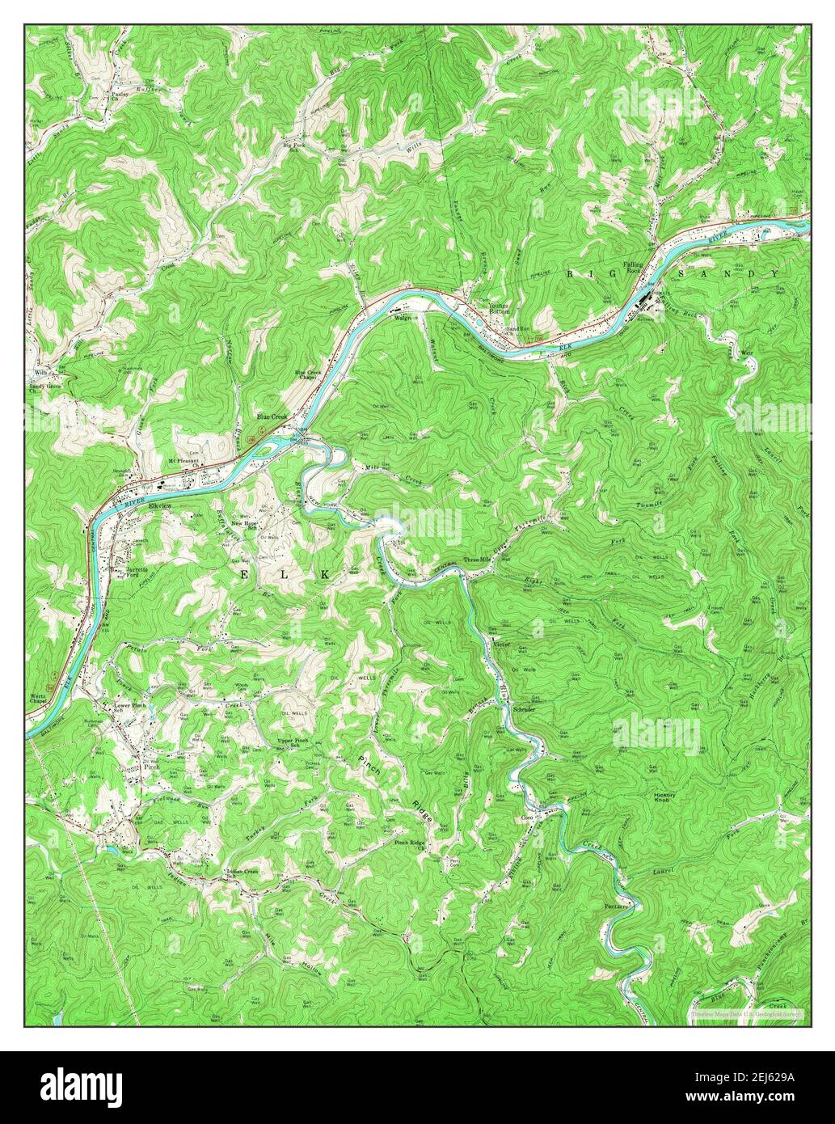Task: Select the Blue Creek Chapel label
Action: coord(310,375)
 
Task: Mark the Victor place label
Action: coord(503,644)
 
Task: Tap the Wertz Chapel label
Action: coord(39,699)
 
